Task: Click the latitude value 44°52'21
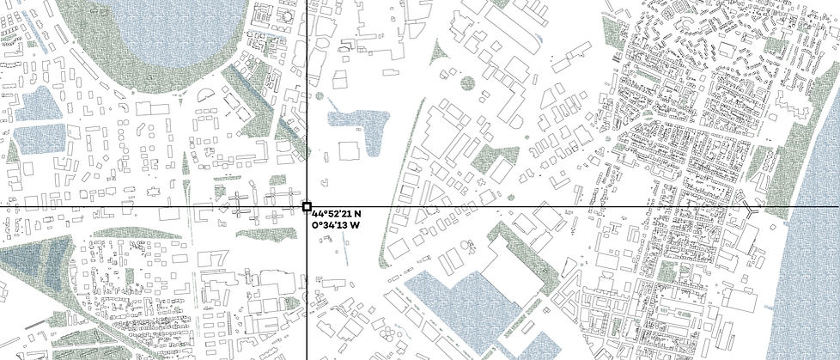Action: point(333,213)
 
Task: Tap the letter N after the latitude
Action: point(357,213)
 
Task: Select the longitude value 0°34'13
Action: point(331,225)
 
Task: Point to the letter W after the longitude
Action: point(354,225)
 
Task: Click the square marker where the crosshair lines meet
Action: point(307,206)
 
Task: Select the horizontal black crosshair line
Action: point(558,206)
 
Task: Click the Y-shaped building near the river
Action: point(751,209)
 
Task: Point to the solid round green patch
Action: point(467,83)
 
